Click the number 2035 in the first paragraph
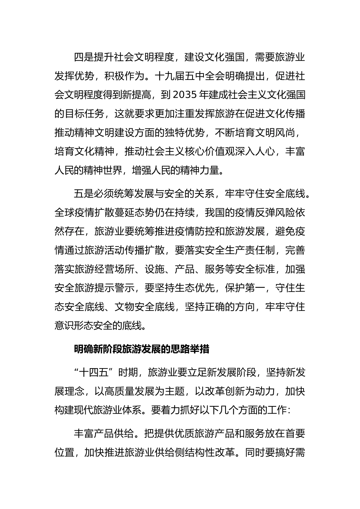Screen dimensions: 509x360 [184, 95]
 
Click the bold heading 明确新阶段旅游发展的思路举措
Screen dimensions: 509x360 [142, 349]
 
